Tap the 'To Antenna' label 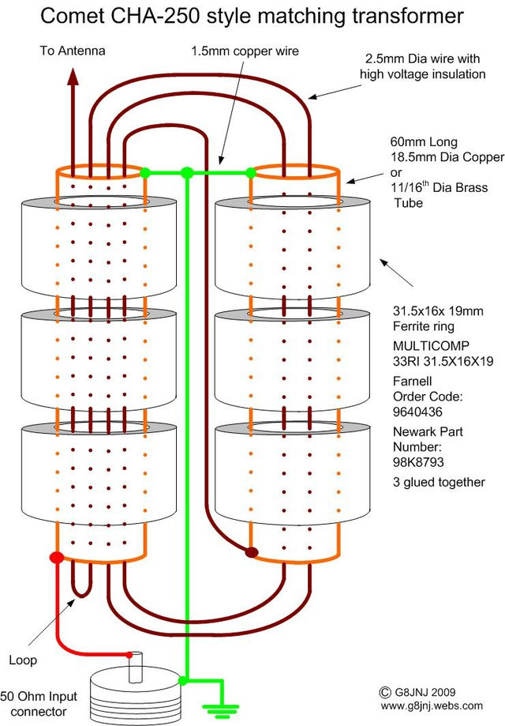(x=73, y=51)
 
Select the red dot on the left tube (x=56, y=558)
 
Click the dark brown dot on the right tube (x=251, y=552)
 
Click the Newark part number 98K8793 (x=417, y=461)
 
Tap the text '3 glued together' (x=438, y=482)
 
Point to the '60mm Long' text (x=417, y=142)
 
